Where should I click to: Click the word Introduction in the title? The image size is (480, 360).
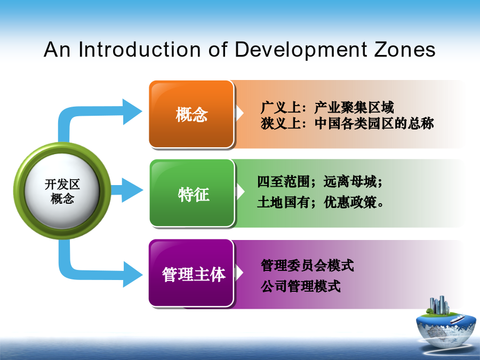[x=140, y=49]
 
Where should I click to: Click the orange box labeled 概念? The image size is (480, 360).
[x=191, y=114]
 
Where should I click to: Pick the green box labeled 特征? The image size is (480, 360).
[x=192, y=193]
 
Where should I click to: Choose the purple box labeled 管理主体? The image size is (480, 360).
[x=191, y=273]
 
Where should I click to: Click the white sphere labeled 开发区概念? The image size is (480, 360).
[x=62, y=191]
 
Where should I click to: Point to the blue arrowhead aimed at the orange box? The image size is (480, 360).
[x=133, y=112]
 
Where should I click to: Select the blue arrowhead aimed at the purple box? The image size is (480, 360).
[x=133, y=274]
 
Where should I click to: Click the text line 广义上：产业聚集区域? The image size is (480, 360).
[x=327, y=107]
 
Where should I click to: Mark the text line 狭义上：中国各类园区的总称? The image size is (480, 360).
[x=347, y=123]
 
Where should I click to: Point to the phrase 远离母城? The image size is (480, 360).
[x=350, y=181]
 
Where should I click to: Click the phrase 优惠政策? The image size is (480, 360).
[x=350, y=202]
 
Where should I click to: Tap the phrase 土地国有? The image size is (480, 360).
[x=283, y=202]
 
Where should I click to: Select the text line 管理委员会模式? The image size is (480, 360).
[x=307, y=266]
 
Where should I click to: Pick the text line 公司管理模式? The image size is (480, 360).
[x=301, y=286]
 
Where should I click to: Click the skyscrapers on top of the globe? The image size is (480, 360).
[x=439, y=305]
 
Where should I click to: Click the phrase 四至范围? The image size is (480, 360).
[x=283, y=181]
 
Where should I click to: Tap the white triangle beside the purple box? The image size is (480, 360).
[x=239, y=273]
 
